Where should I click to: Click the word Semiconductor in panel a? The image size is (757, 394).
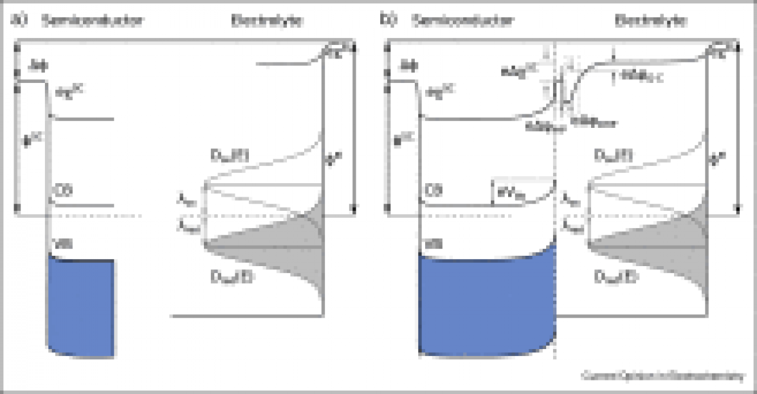91,21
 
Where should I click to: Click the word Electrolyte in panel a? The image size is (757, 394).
267,21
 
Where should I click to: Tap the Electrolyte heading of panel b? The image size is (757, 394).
650,21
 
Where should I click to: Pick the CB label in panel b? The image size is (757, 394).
433,191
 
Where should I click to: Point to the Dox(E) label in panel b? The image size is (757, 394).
607,156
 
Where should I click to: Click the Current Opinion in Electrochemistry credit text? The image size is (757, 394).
663,375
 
